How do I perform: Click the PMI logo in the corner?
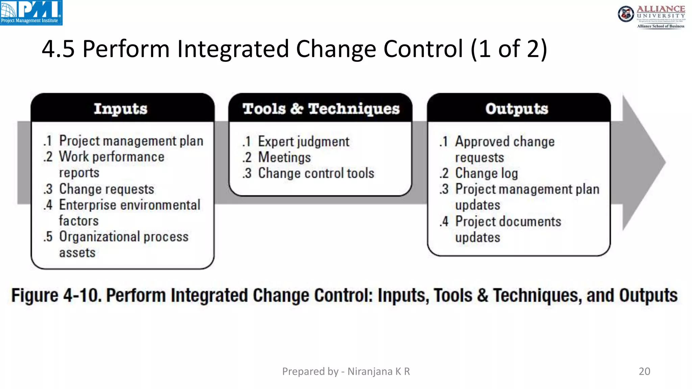tap(31, 12)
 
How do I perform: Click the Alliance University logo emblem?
tap(626, 14)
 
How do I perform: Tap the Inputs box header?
tap(121, 109)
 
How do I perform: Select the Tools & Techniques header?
tap(321, 109)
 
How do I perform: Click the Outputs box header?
tap(517, 109)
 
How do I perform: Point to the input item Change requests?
tap(106, 189)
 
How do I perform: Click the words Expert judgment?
tap(303, 141)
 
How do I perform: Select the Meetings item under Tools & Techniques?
tap(284, 157)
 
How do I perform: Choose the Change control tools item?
tap(316, 173)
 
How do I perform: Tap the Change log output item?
tap(486, 173)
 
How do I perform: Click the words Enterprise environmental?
tap(130, 205)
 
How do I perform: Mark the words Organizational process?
tap(124, 237)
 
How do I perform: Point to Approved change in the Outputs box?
tap(505, 141)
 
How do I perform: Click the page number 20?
tap(644, 371)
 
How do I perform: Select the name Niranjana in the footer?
tap(370, 371)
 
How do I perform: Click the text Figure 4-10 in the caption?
tap(56, 295)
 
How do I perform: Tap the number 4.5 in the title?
tap(58, 49)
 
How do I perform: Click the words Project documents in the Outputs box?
tap(508, 222)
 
